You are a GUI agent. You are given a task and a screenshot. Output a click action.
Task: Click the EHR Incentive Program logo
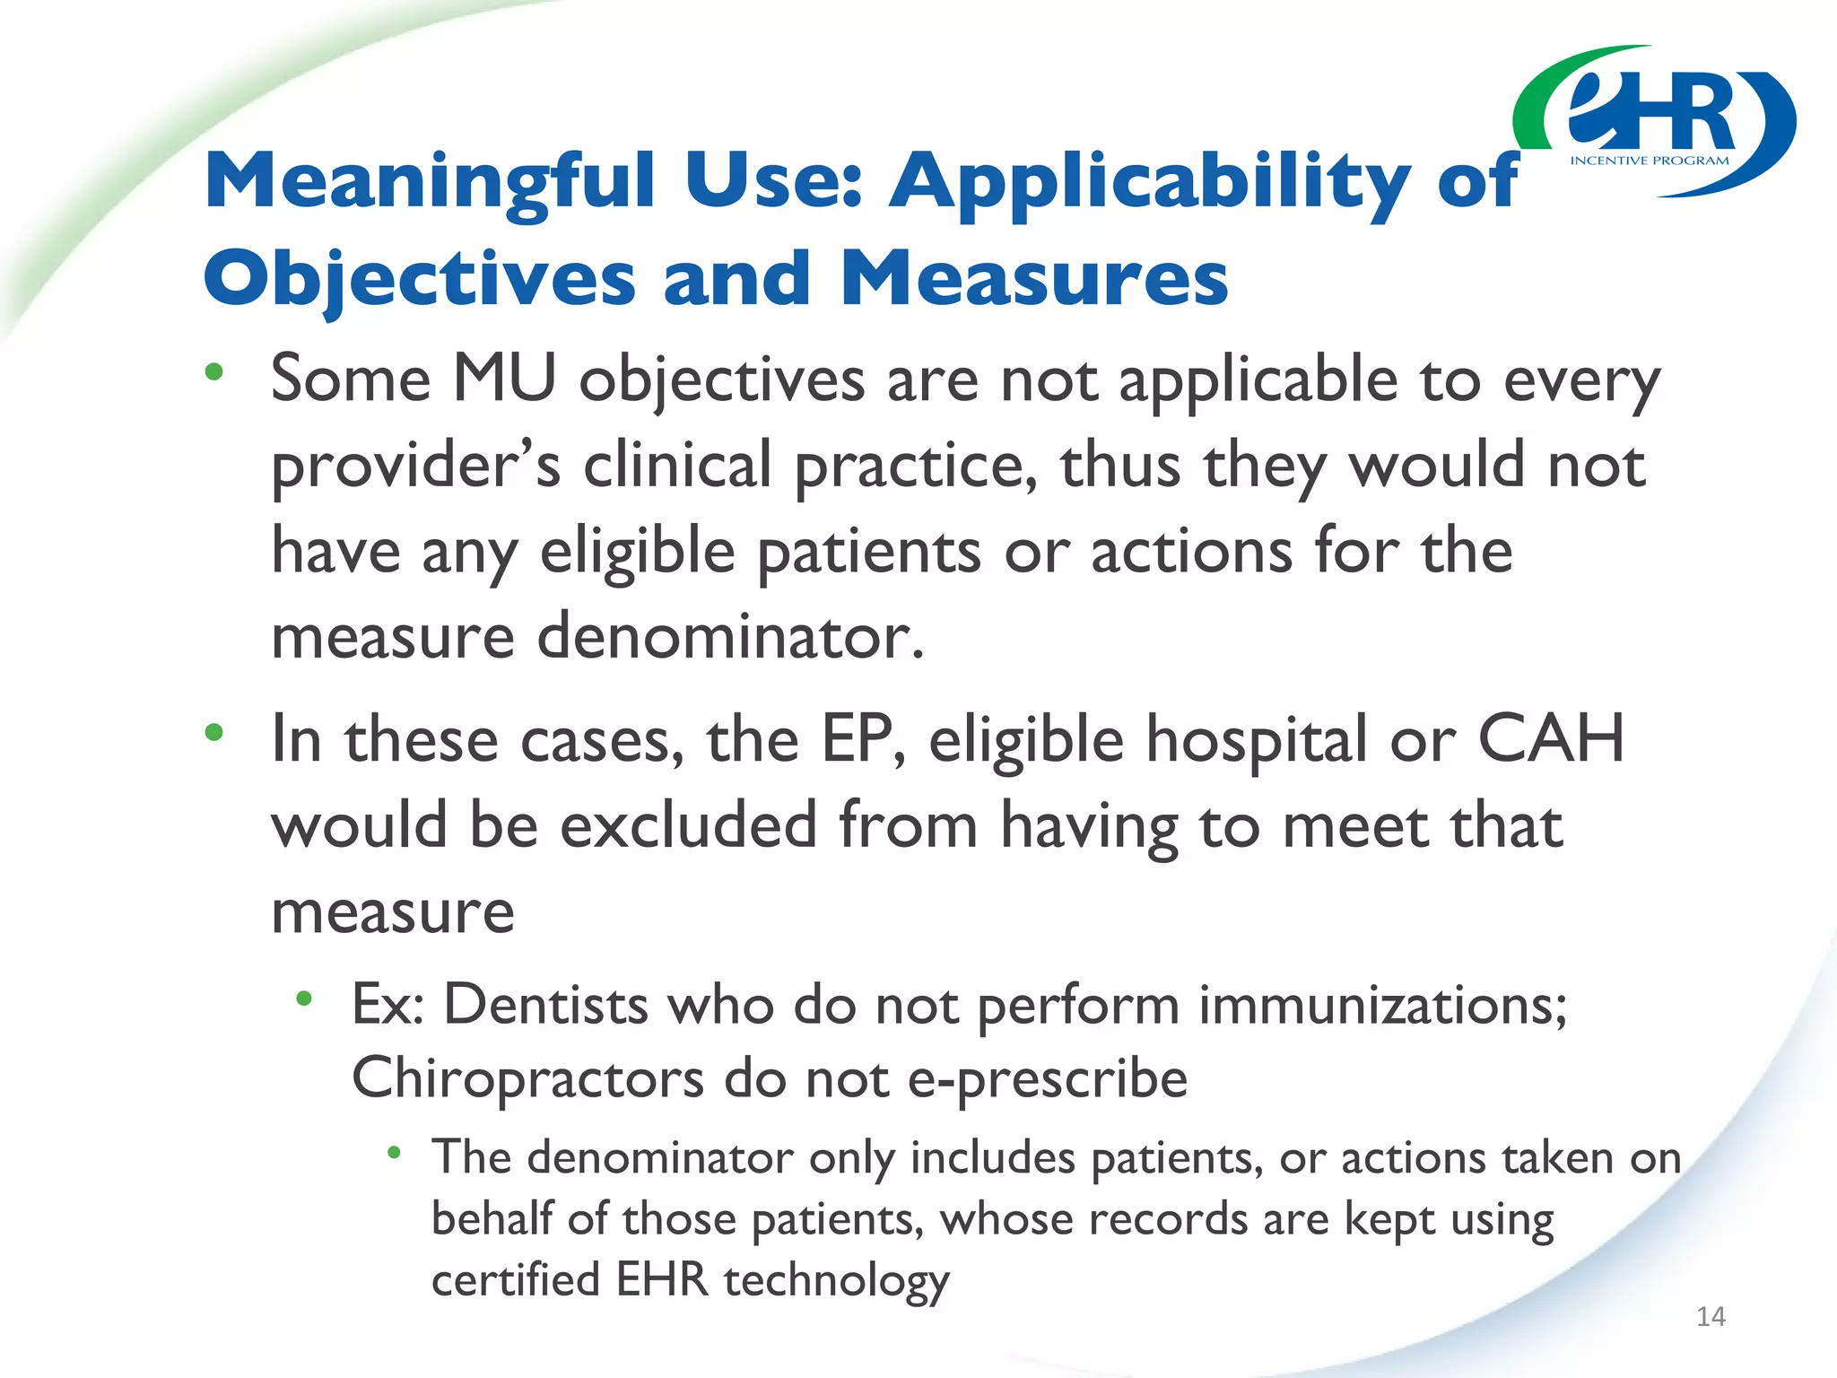point(1655,121)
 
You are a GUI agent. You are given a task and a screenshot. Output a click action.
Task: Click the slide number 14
point(1711,1316)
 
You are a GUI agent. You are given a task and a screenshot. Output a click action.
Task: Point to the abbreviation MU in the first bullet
point(504,379)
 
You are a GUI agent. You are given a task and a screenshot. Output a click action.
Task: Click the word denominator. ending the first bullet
point(730,636)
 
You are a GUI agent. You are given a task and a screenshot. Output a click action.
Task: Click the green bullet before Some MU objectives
point(213,371)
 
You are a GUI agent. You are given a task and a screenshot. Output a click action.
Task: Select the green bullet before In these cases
point(213,733)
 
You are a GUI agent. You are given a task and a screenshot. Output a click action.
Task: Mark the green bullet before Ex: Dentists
point(304,998)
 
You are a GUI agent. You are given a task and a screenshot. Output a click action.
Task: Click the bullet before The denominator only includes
point(393,1152)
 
